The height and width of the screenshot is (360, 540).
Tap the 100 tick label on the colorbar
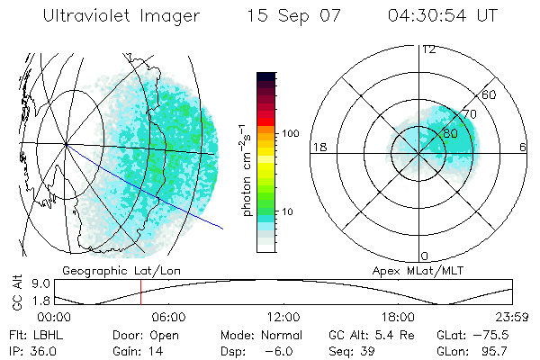pos(289,133)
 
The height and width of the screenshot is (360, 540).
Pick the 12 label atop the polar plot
pos(428,49)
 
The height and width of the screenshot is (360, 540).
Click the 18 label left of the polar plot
pos(318,148)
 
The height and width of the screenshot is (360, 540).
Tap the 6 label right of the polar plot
pos(523,148)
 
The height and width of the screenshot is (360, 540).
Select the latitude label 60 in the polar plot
pos(490,94)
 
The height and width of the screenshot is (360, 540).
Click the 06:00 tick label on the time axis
pos(168,318)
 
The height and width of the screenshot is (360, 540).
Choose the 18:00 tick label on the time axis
pos(397,318)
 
